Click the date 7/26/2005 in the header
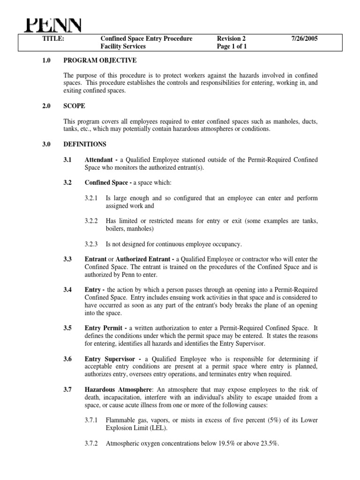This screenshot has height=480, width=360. pos(304,38)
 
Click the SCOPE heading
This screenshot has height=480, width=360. pos(75,106)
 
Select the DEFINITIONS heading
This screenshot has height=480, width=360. pos(85,144)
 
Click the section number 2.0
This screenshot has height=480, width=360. pos(47,106)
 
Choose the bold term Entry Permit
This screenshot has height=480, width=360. pos(104,328)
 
